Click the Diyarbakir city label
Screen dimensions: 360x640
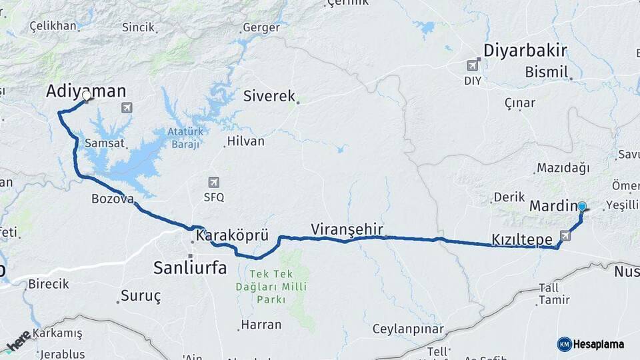pyautogui.click(x=525, y=51)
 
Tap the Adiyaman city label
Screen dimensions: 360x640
pyautogui.click(x=86, y=91)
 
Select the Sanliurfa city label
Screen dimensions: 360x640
pyautogui.click(x=190, y=268)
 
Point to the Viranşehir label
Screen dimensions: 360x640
pyautogui.click(x=347, y=229)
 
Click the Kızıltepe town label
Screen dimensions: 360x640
pyautogui.click(x=521, y=239)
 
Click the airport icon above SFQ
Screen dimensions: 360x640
pyautogui.click(x=214, y=182)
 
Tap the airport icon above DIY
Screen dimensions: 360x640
pyautogui.click(x=473, y=65)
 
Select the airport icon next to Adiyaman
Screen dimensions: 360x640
pyautogui.click(x=127, y=107)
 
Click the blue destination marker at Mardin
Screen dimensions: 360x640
pyautogui.click(x=582, y=207)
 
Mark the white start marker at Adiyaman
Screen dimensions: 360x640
pyautogui.click(x=86, y=97)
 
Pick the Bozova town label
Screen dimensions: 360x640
pyautogui.click(x=113, y=199)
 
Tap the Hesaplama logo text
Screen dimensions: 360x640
pyautogui.click(x=598, y=344)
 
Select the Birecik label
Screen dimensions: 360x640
pyautogui.click(x=48, y=284)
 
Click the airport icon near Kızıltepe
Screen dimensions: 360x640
pyautogui.click(x=565, y=235)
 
